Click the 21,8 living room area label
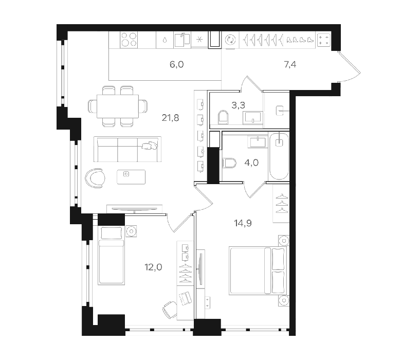tap(170, 118)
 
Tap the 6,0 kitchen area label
tap(177, 65)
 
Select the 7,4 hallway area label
tap(290, 65)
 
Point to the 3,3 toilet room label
tap(238, 105)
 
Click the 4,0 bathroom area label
tap(251, 163)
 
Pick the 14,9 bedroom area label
tap(243, 223)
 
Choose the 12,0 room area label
tap(154, 267)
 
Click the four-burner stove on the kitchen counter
tap(129, 40)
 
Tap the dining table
tap(118, 106)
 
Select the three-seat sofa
tap(127, 149)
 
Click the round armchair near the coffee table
tap(95, 178)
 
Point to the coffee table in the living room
tap(131, 177)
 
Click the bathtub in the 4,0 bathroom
tap(279, 156)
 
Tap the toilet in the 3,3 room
tap(224, 117)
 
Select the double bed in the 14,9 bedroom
tap(258, 271)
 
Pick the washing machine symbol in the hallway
tap(230, 40)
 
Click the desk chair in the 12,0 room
tap(170, 309)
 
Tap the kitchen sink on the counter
tap(182, 40)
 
